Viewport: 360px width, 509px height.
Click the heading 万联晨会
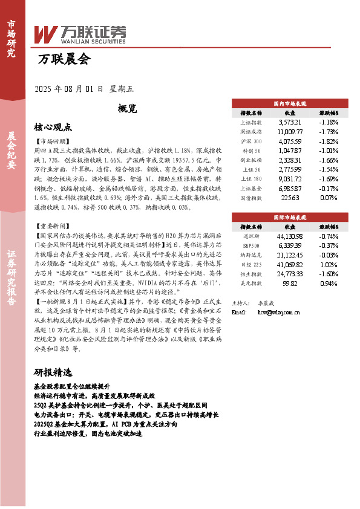[x=64, y=59]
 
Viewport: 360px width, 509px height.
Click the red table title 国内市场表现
[x=290, y=103]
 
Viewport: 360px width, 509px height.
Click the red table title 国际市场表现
[x=290, y=216]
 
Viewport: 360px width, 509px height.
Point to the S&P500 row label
[x=250, y=245]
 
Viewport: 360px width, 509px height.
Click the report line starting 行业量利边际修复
[x=88, y=433]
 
